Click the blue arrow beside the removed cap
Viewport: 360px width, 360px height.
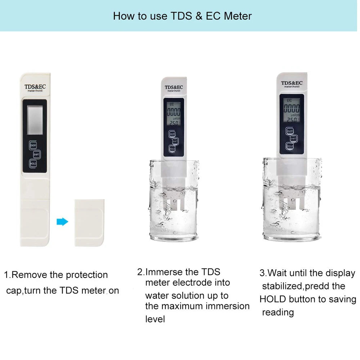click(62, 222)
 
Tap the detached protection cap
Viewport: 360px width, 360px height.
click(89, 223)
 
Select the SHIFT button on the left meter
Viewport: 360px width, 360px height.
click(37, 154)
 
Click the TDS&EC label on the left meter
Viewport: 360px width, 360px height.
click(35, 87)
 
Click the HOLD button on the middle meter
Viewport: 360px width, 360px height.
click(172, 148)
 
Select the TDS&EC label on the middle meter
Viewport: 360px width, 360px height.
click(174, 87)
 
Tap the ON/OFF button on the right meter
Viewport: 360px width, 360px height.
click(290, 131)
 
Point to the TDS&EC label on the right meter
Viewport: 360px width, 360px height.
click(292, 83)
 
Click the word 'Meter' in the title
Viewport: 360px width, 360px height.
click(238, 16)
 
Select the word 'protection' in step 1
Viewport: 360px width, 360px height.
click(87, 275)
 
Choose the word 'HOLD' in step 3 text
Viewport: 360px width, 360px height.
click(273, 300)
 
